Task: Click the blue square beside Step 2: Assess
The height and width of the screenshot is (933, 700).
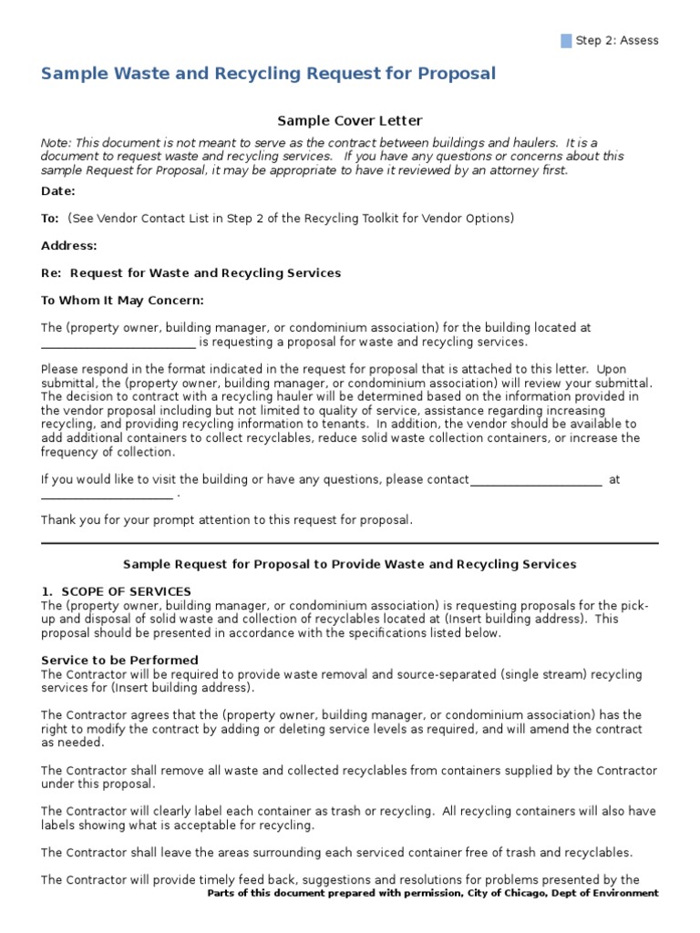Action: click(x=567, y=40)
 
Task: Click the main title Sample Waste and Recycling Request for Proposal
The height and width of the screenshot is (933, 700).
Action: click(x=268, y=74)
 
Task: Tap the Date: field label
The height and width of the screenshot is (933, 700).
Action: click(x=58, y=191)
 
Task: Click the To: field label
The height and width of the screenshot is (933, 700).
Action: click(x=50, y=219)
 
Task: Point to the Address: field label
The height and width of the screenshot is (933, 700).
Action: click(x=69, y=246)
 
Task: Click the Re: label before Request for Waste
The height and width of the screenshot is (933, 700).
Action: click(x=51, y=273)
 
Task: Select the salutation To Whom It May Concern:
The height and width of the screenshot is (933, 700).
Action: click(x=123, y=301)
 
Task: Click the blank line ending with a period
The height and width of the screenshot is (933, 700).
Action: click(x=108, y=497)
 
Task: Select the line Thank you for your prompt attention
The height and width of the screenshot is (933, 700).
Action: click(x=227, y=520)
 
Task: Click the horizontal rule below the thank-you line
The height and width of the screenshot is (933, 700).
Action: click(x=350, y=543)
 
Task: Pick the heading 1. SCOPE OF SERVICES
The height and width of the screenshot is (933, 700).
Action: click(x=117, y=591)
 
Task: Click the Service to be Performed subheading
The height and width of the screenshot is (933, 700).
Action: click(x=120, y=660)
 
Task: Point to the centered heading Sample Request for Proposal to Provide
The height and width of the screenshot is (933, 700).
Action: click(x=350, y=565)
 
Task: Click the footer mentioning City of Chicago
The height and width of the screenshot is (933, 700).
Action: click(x=432, y=894)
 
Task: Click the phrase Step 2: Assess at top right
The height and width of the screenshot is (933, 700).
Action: click(x=618, y=40)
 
